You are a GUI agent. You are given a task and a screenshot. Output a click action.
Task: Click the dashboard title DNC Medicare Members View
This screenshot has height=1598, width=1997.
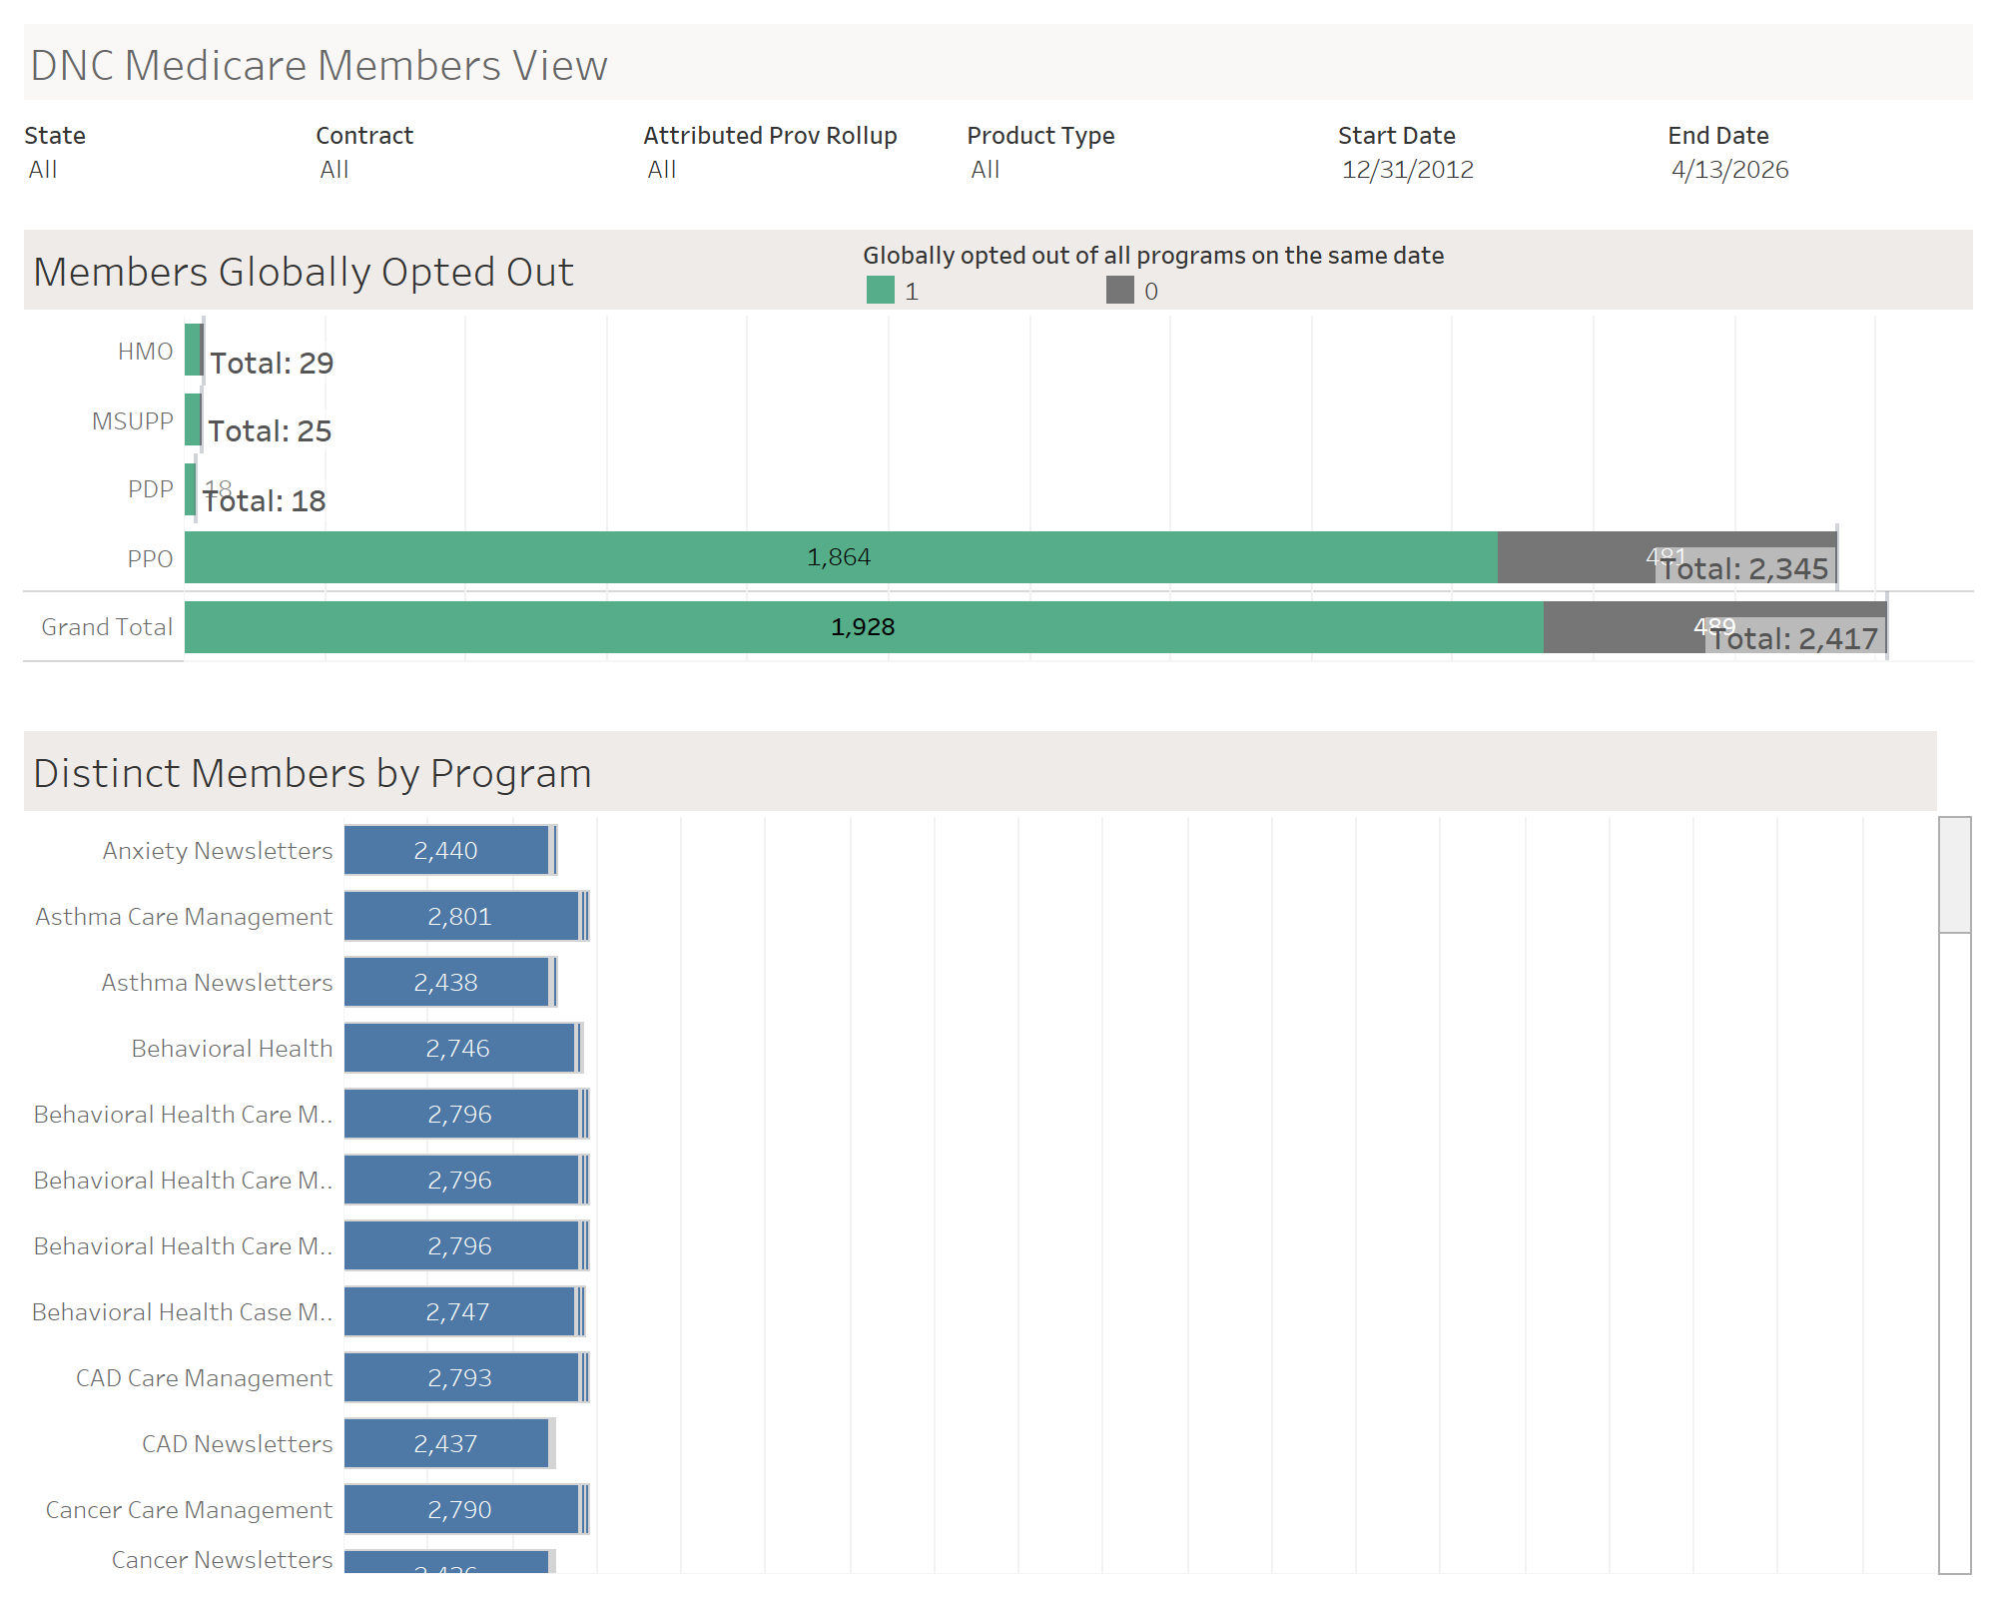(319, 66)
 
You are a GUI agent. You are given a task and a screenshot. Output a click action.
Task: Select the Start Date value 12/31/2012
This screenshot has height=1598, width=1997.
(1407, 170)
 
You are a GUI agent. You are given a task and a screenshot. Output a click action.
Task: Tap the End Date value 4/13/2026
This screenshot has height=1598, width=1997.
(1729, 170)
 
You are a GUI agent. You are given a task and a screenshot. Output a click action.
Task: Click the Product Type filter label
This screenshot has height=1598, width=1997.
(1040, 136)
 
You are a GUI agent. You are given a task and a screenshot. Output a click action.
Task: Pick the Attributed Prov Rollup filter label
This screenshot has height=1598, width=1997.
(770, 136)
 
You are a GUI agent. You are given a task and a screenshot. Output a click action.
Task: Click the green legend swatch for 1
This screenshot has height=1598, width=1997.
(880, 291)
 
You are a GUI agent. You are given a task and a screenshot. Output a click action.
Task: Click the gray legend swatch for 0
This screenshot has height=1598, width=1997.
(1119, 291)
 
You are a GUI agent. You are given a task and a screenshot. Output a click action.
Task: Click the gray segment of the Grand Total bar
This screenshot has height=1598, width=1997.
(1618, 627)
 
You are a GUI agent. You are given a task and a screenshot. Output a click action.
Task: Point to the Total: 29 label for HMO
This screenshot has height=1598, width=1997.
(272, 364)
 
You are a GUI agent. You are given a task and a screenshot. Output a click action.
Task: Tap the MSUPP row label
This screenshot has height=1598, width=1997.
(133, 421)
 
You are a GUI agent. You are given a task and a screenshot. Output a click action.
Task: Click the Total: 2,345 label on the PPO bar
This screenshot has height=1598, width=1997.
(1744, 569)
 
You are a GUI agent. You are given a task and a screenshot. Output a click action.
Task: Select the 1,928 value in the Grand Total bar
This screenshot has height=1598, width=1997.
(863, 627)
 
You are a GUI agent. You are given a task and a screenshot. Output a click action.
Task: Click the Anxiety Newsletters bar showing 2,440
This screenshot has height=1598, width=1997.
(445, 851)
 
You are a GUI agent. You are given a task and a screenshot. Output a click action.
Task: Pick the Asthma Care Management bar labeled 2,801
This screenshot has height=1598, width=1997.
(459, 917)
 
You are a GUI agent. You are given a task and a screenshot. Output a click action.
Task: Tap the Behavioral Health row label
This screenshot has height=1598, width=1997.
(232, 1049)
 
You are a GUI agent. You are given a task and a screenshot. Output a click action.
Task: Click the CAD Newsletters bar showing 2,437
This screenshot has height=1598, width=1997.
(445, 1444)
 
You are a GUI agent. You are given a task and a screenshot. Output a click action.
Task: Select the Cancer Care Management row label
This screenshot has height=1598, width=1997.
(189, 1510)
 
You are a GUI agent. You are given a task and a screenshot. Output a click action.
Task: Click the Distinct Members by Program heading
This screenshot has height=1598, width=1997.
(313, 774)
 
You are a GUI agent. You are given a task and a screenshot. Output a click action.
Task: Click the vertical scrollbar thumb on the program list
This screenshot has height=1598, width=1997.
(1954, 875)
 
